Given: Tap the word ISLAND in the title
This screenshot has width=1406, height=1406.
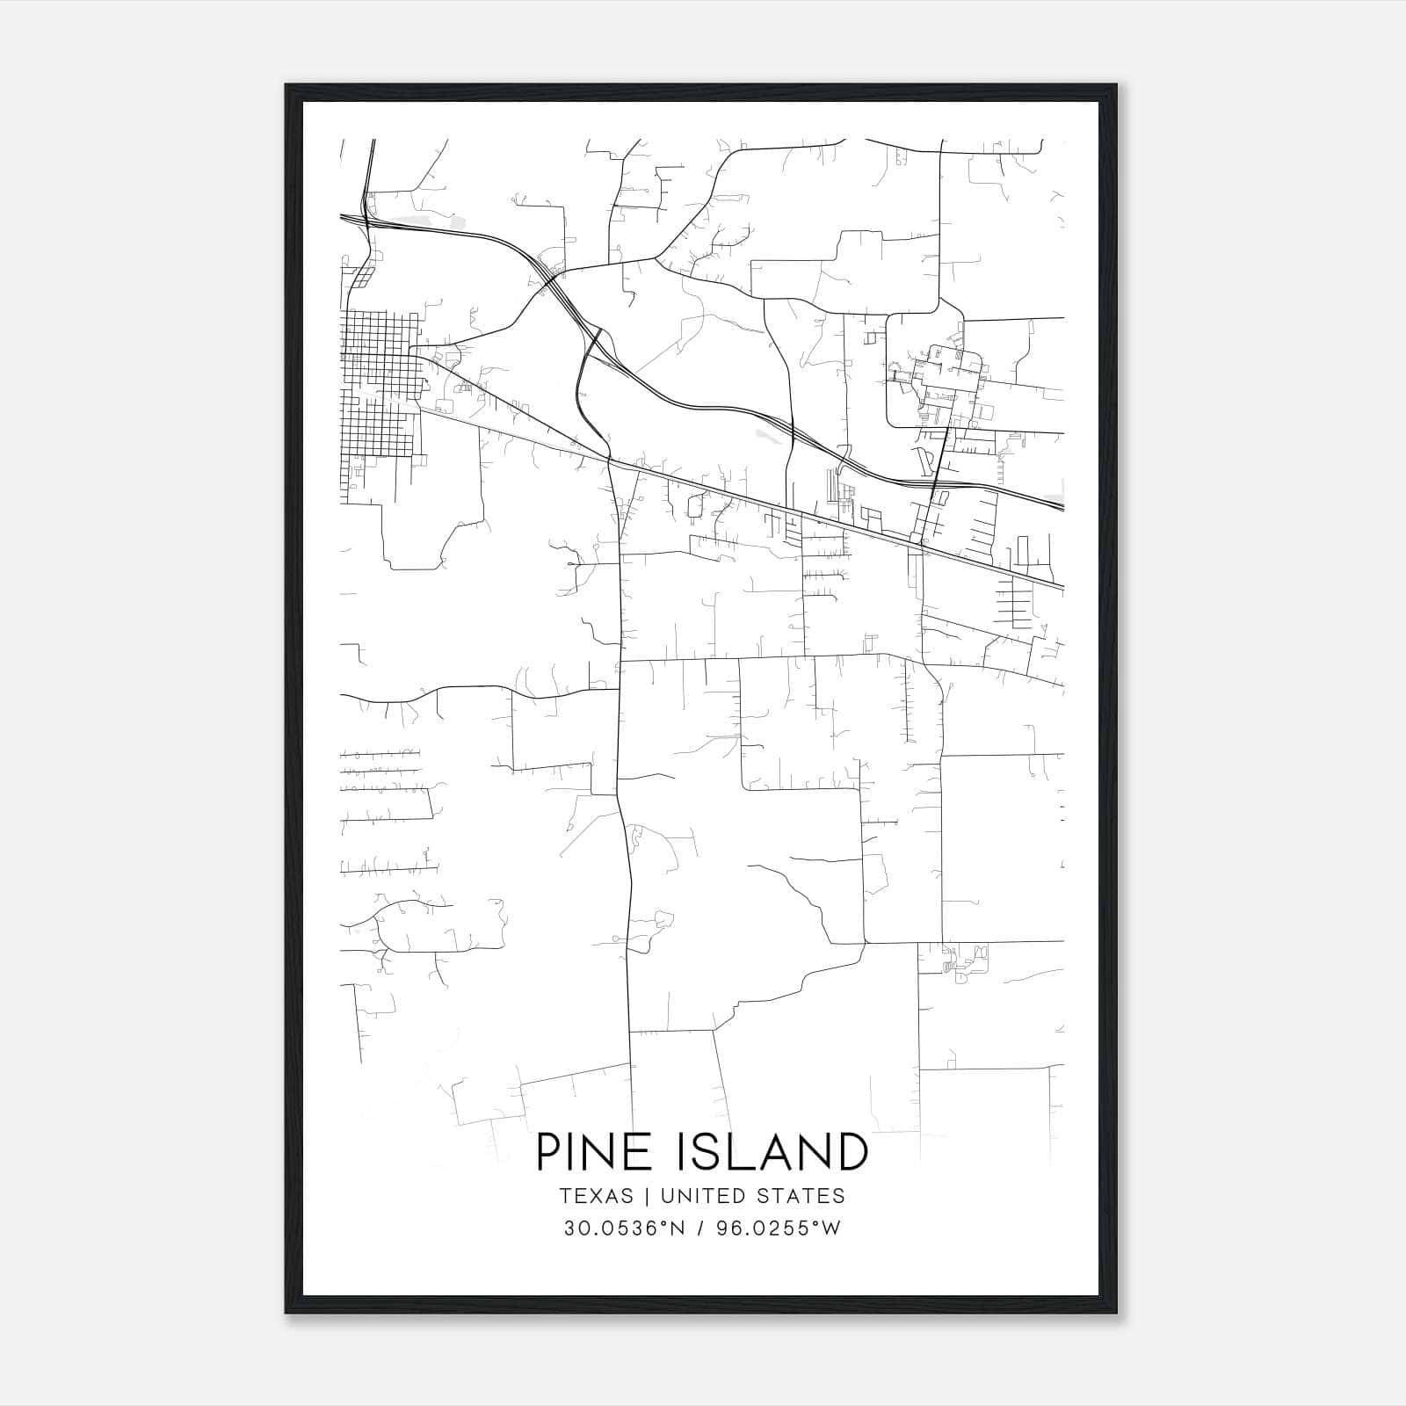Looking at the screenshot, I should click(773, 1152).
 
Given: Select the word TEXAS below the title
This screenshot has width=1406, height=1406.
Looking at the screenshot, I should click(595, 1196).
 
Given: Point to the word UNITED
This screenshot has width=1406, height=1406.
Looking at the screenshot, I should click(699, 1196).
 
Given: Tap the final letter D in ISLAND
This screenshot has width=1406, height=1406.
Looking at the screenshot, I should click(852, 1152).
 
